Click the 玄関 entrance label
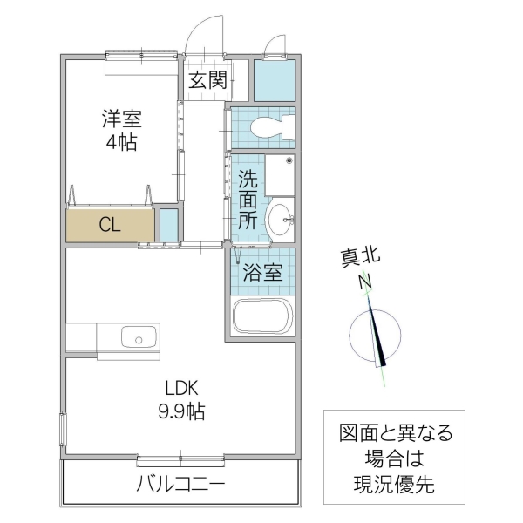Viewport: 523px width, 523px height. (x=208, y=81)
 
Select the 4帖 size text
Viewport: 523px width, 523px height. (x=121, y=142)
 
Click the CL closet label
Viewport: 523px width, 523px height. (x=109, y=225)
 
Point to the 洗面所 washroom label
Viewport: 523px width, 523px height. (x=248, y=200)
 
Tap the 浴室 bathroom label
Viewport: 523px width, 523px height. (x=261, y=272)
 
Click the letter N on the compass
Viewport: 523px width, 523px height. (x=366, y=282)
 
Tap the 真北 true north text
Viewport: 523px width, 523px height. (x=360, y=257)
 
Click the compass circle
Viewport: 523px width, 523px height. (x=375, y=336)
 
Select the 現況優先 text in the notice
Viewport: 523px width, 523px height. (x=397, y=482)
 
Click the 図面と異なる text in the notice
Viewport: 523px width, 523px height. (x=397, y=433)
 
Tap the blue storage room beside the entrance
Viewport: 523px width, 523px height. (x=274, y=80)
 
